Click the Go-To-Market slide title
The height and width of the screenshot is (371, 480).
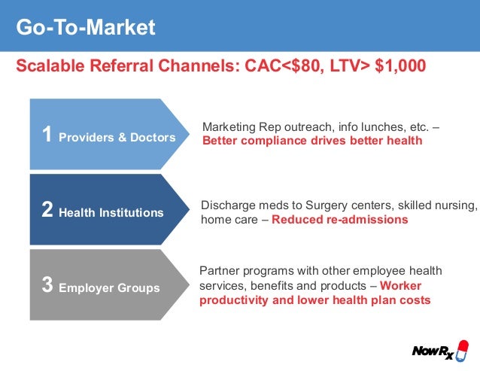86,28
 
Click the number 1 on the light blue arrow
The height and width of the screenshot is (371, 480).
47,135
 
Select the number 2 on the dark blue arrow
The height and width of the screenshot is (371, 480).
47,211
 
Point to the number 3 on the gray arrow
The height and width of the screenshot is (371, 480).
47,286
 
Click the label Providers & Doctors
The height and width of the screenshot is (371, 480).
117,138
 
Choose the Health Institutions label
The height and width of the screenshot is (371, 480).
112,213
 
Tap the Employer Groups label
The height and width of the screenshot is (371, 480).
110,288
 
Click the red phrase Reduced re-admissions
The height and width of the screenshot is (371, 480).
339,220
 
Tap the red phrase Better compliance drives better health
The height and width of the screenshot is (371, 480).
312,141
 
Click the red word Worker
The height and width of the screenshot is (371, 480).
400,285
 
